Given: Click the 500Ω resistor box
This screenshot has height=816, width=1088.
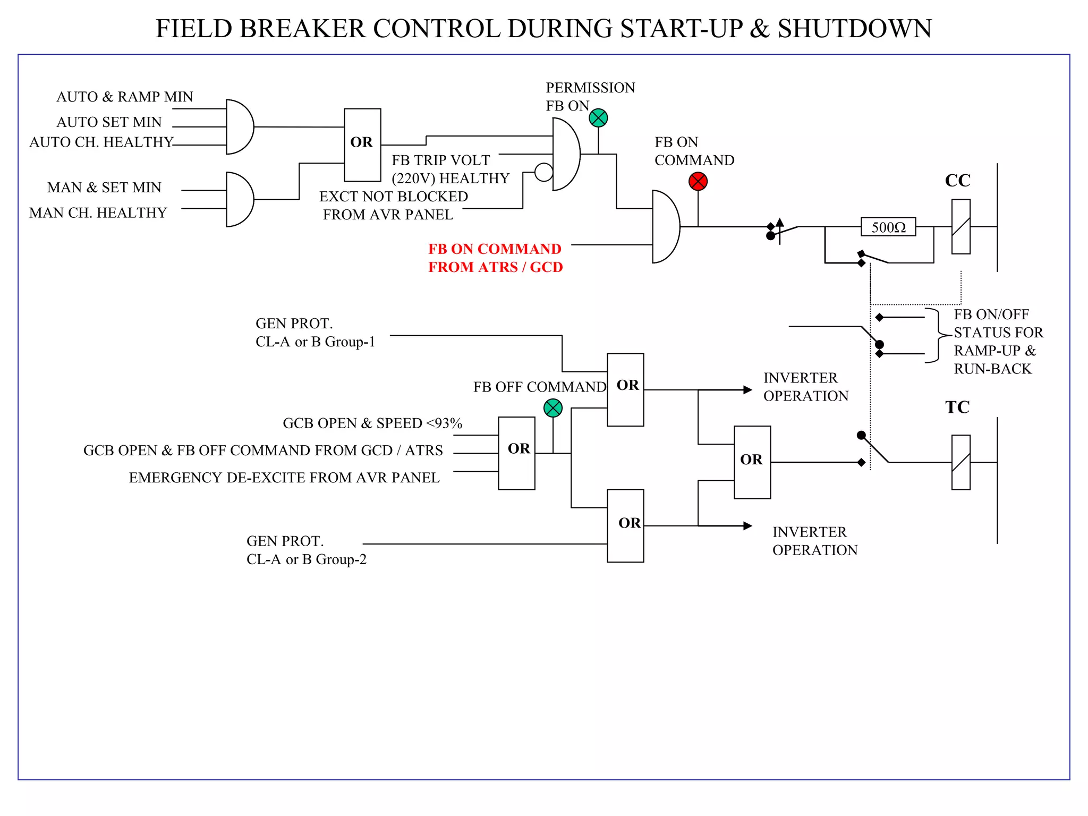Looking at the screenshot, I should coord(888,227).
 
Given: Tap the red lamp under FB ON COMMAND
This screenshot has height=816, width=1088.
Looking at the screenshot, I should coord(698,182).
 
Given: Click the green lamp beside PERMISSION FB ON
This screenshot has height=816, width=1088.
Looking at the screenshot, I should coord(598,118).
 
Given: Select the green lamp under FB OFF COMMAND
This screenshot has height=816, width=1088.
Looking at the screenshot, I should coord(553,408).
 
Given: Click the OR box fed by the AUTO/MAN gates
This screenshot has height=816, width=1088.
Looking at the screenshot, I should coord(362,144).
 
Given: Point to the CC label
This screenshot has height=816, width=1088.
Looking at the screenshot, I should coord(957,181).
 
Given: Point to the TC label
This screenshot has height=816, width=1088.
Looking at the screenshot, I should coord(957,407).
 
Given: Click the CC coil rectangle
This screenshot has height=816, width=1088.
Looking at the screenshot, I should coord(960,227).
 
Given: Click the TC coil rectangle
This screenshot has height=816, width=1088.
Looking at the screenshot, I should coord(960,462).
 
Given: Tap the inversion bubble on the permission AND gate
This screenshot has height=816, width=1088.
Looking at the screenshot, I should coord(543,172).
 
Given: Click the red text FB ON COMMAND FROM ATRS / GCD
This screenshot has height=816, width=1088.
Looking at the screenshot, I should coord(495,258).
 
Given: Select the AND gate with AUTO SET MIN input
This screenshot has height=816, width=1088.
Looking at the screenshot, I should coord(239,127).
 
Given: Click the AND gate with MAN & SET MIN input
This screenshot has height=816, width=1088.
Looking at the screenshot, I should coord(239,199).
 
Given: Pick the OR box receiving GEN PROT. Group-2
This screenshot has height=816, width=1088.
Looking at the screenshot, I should coord(625,525).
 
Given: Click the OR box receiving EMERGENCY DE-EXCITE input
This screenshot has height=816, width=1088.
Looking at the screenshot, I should coord(516,453).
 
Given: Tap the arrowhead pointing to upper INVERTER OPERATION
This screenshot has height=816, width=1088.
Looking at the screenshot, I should coord(747,390).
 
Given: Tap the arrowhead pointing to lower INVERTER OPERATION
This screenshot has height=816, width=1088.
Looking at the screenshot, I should coord(747,525).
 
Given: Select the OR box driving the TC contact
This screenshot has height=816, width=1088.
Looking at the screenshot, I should coord(752,462).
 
